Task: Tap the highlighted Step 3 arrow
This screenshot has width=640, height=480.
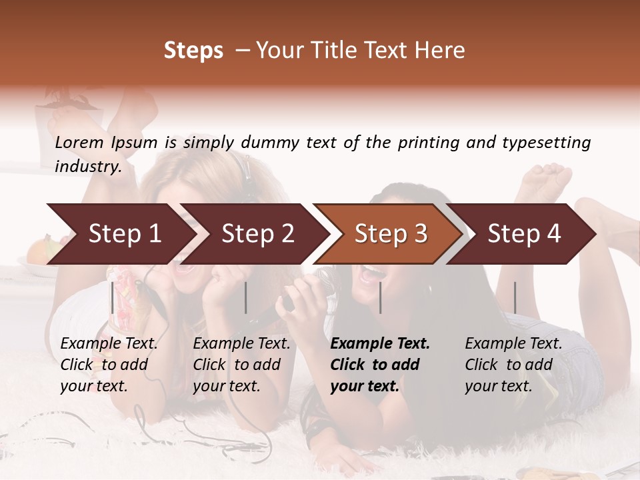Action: click(391, 234)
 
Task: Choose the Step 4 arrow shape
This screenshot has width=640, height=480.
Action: click(524, 234)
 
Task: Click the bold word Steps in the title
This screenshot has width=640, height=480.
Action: click(193, 51)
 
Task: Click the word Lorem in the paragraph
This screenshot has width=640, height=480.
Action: click(79, 143)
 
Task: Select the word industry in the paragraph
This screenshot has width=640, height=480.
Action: click(87, 166)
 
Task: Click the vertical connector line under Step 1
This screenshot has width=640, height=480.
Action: click(112, 297)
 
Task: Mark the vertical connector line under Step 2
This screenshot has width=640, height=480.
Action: click(246, 297)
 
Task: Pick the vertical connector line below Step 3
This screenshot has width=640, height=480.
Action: click(380, 297)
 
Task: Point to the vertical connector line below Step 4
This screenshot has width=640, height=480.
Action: click(515, 297)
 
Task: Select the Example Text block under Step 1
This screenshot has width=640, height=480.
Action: click(109, 365)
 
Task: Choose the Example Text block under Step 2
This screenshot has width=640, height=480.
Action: click(241, 365)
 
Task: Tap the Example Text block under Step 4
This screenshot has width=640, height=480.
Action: click(513, 365)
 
